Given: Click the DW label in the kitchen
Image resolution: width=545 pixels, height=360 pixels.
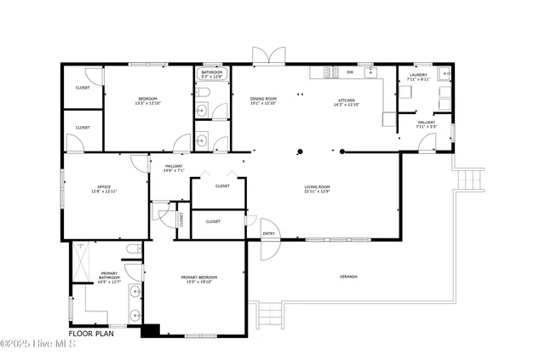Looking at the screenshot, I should (x=349, y=71).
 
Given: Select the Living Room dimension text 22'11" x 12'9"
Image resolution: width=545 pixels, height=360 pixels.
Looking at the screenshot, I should (x=317, y=191).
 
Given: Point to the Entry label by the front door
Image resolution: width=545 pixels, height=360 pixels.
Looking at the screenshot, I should (x=269, y=233).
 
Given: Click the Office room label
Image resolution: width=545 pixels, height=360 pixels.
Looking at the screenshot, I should (x=104, y=186).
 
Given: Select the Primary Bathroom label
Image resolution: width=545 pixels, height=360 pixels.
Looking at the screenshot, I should (x=109, y=275).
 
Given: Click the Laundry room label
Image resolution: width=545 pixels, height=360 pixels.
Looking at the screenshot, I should (x=418, y=75).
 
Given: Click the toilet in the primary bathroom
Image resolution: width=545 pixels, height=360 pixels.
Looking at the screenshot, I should (x=132, y=249).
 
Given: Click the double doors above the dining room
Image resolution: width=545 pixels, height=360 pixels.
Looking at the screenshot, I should (x=265, y=55).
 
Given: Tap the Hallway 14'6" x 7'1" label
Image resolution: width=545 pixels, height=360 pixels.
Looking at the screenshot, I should (x=174, y=167).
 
